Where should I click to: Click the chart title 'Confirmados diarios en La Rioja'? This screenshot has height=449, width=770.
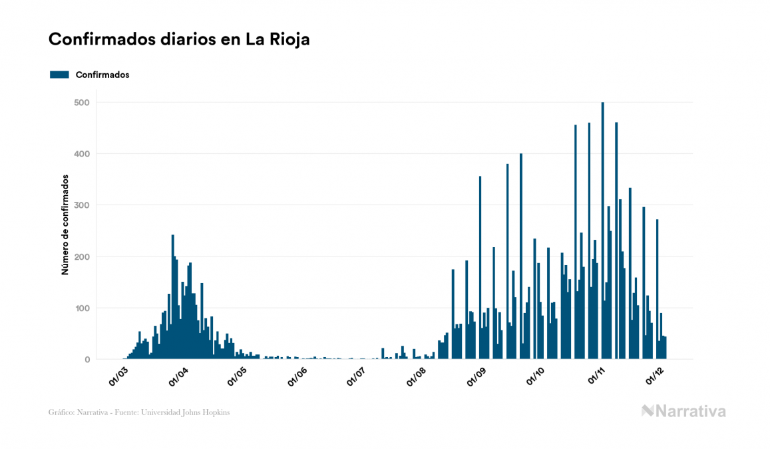[x=179, y=39]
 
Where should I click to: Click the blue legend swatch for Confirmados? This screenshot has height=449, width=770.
[x=59, y=75]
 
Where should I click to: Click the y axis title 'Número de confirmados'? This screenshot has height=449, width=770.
[x=65, y=225]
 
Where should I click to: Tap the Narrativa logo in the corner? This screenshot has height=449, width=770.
[x=683, y=411]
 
